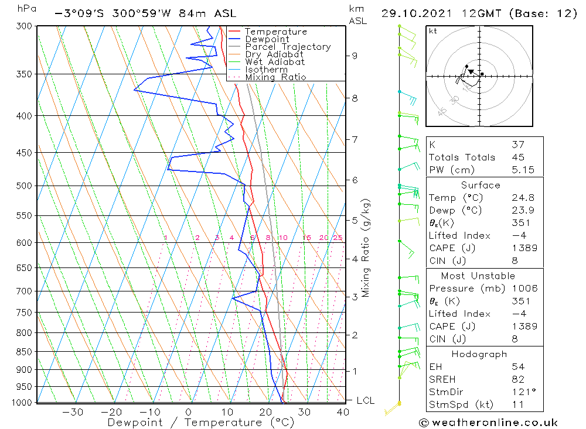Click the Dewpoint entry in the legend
267,39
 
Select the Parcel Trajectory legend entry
288,47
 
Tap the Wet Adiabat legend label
275,62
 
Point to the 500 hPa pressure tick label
24,186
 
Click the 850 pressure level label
24,352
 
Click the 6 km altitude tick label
355,180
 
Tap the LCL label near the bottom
365,400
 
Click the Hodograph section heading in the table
480,354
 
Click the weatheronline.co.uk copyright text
488,423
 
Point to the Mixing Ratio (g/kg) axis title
366,248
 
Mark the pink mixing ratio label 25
338,238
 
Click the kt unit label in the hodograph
433,31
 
